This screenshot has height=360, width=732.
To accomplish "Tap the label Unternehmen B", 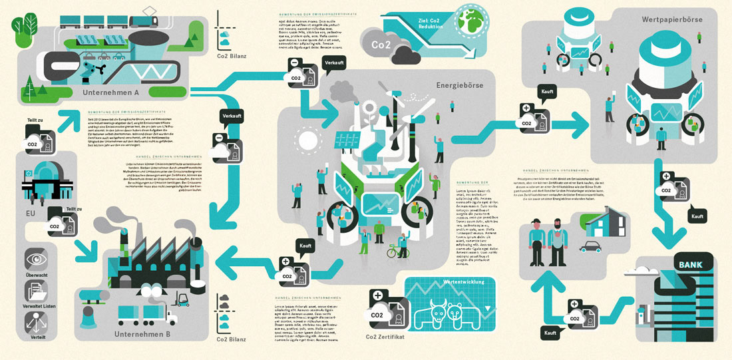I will [x=142, y=333].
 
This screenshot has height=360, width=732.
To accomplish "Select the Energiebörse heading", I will [x=459, y=85].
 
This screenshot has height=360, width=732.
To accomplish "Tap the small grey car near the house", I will [x=590, y=247].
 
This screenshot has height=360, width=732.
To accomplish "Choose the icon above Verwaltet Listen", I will [x=35, y=291].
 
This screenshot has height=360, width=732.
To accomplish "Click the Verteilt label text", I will [x=35, y=336].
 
